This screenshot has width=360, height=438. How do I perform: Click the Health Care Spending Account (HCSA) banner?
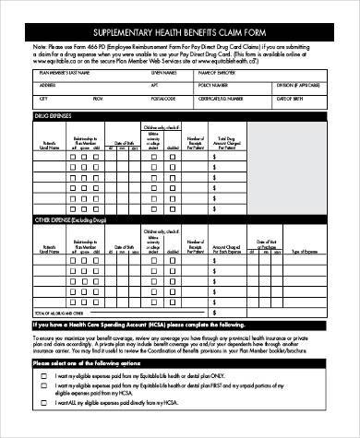[138, 326]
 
